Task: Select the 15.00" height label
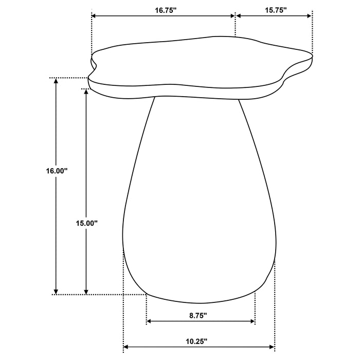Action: tap(86, 223)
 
